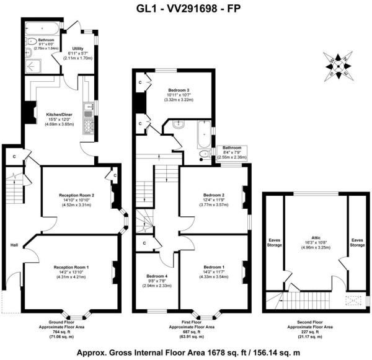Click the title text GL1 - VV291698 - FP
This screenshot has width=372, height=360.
pos(185,8)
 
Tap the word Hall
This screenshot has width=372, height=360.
pos(14,245)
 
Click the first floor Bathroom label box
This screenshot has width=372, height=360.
pos(231,152)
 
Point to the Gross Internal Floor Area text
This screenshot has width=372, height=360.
pos(185,353)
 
